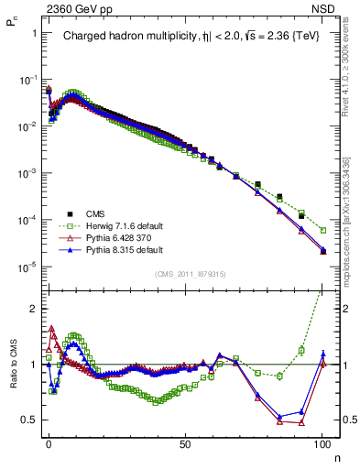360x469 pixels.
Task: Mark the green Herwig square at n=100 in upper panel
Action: pos(322,230)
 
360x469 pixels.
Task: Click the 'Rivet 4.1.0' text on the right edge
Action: pos(347,55)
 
